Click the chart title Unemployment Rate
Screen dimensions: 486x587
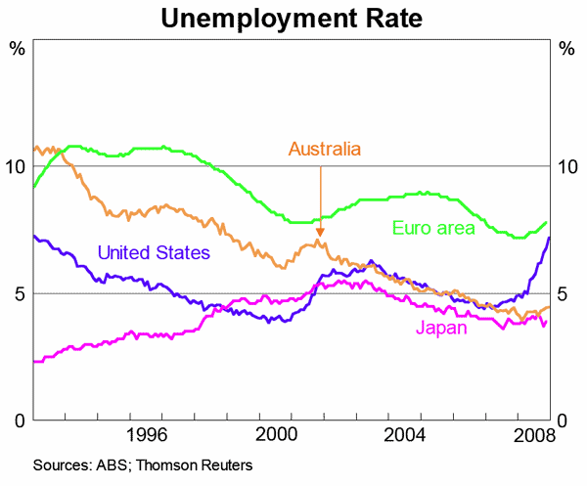293,17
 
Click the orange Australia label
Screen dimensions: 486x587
325,149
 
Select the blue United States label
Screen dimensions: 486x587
154,253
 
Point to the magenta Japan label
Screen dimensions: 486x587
441,328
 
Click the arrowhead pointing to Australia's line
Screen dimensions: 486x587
320,231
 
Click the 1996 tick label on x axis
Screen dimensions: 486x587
148,434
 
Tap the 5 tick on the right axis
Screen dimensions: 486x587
563,293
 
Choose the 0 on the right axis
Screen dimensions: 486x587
563,420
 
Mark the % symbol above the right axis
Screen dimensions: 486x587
564,49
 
